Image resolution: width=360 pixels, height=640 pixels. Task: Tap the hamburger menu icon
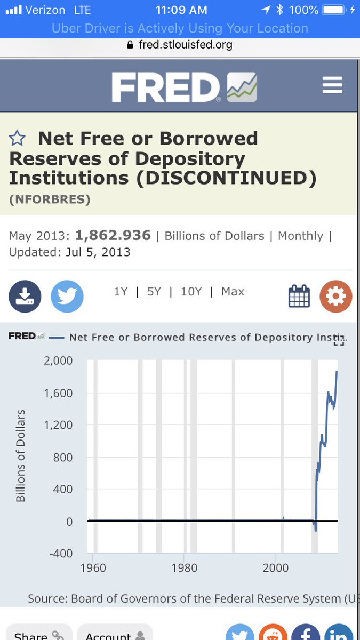pos(332,85)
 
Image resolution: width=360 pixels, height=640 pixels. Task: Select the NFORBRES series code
pos(50,199)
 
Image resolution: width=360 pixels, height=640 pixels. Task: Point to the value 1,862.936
pos(113,236)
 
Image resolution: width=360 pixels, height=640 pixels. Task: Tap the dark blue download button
pos(25,296)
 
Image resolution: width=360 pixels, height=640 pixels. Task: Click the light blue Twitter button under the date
pos(67,296)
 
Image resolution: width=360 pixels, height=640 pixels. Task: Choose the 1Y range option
pos(121,292)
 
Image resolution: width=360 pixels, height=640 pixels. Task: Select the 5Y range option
pos(154,292)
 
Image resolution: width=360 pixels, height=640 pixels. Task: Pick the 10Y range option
pos(190,292)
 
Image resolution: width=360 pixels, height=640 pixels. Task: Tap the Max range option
pos(233,292)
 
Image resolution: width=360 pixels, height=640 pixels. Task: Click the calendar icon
pos(299,296)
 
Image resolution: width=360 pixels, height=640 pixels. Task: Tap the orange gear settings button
pos(335,296)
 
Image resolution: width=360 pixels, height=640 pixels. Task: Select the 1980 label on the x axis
pos(184,567)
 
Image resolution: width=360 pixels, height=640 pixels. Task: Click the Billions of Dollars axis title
pos(21,456)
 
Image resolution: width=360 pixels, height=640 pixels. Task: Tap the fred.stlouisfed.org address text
pos(186,45)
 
